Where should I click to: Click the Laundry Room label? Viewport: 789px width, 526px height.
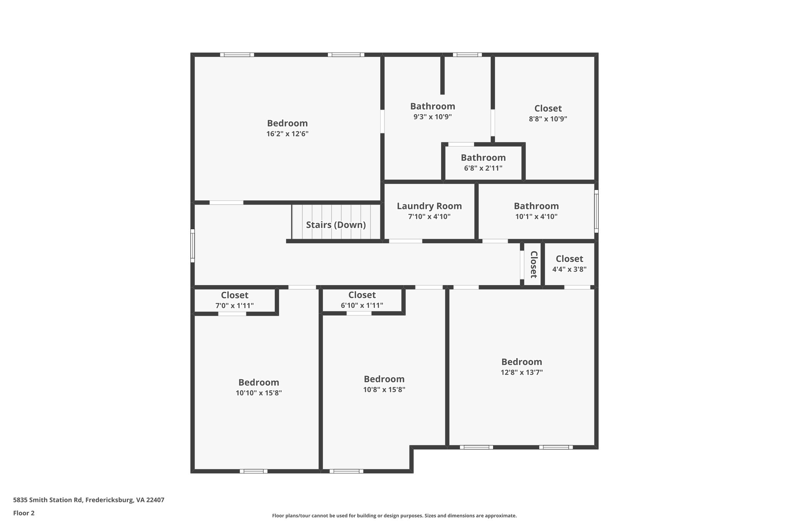point(429,206)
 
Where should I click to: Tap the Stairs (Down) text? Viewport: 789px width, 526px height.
point(336,225)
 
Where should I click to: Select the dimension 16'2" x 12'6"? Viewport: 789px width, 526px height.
point(287,134)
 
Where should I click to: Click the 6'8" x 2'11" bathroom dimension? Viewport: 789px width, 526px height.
point(483,168)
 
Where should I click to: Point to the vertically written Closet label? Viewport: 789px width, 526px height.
point(534,264)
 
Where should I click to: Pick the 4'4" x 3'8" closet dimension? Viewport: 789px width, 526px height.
point(569,269)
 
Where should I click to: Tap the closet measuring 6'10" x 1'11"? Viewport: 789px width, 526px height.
point(362,306)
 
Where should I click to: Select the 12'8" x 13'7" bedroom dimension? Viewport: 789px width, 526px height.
point(522,372)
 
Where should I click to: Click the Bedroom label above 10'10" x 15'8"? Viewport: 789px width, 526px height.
point(259,382)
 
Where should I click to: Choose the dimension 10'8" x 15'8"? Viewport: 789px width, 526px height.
point(384,390)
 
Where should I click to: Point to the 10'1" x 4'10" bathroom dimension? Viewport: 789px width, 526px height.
point(536,217)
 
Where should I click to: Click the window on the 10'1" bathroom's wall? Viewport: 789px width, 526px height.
point(596,211)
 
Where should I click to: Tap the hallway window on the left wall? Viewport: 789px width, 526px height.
point(193,246)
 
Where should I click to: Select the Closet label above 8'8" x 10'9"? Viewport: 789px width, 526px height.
point(548,108)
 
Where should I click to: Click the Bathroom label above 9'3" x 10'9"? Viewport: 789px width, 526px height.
point(432,106)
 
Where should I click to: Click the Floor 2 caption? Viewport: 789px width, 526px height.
point(24,513)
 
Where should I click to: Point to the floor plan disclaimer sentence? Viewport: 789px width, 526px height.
point(394,516)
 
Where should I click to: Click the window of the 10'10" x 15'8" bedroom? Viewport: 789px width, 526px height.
point(253,471)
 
